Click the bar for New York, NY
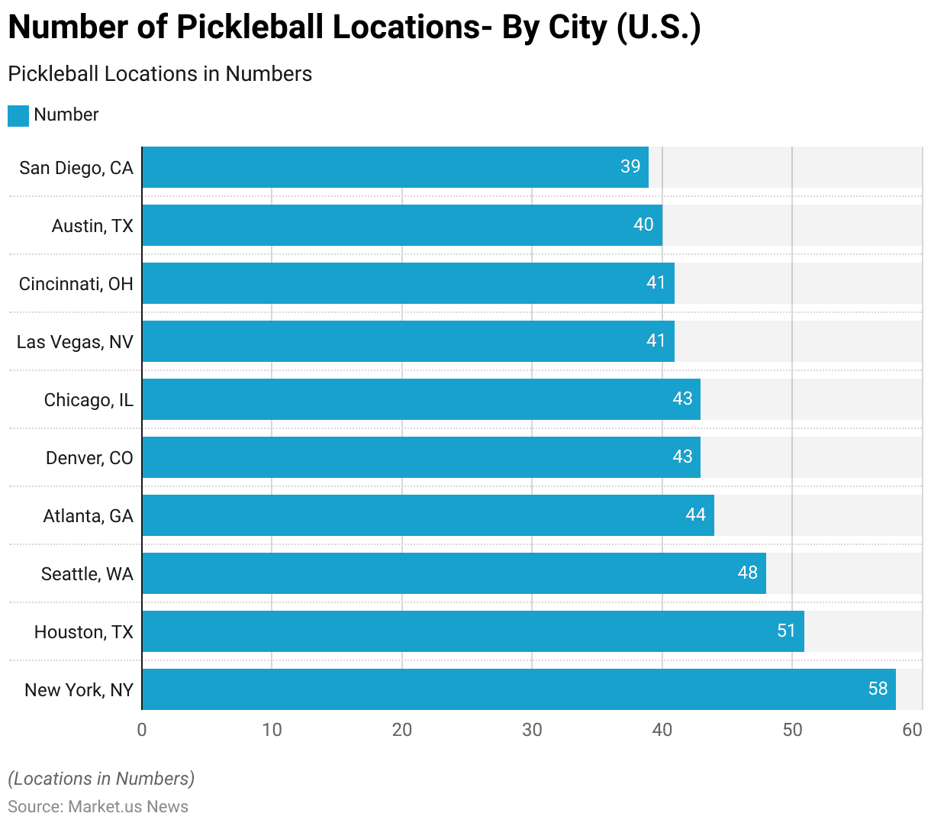[519, 689]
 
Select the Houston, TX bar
[473, 631]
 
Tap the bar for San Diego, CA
[395, 167]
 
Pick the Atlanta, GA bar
[428, 515]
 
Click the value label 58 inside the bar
[878, 689]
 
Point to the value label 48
[748, 573]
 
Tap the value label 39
[630, 166]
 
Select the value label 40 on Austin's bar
[643, 224]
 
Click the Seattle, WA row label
[87, 574]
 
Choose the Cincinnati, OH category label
[76, 284]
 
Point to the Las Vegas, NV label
[75, 342]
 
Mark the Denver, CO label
[89, 458]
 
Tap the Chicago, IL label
[89, 400]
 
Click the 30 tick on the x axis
[532, 730]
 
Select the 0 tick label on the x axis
[142, 730]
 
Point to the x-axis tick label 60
[912, 730]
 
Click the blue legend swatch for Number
[18, 115]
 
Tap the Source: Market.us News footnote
[98, 807]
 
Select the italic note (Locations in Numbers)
[101, 779]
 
